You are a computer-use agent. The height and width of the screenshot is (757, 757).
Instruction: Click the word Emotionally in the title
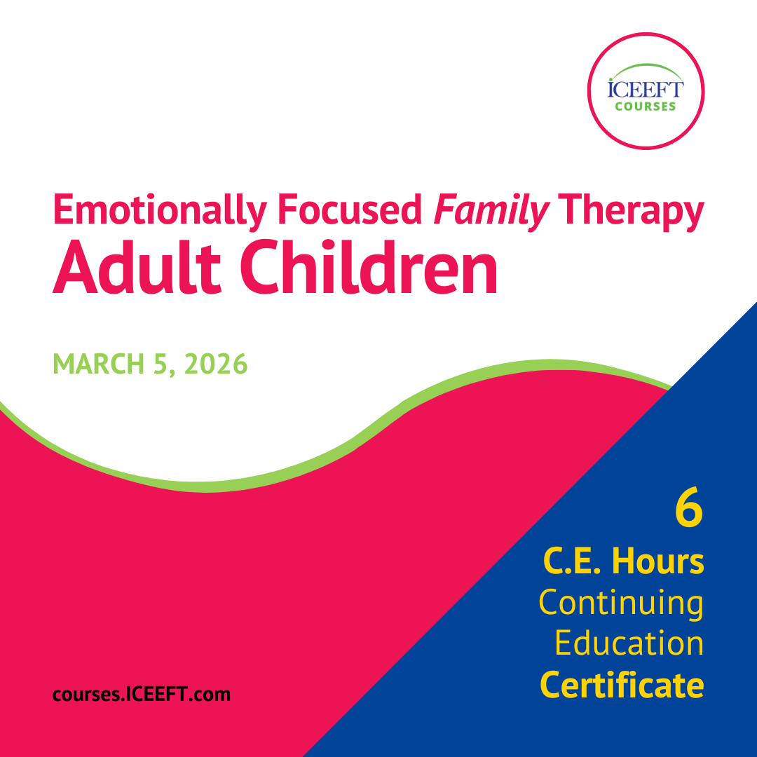(x=160, y=210)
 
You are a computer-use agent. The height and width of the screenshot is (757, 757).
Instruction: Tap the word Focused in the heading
(x=350, y=210)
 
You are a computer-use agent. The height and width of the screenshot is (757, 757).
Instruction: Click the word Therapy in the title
(x=631, y=211)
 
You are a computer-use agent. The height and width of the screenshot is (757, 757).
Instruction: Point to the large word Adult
(x=137, y=267)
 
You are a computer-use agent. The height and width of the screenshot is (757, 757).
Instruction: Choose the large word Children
(x=369, y=267)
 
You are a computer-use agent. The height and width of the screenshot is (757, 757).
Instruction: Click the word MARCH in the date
(x=99, y=364)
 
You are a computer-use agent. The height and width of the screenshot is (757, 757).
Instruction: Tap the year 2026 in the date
(x=216, y=364)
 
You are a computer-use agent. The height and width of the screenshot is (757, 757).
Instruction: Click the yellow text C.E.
(x=572, y=561)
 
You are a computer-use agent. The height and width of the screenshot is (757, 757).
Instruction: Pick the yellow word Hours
(x=658, y=561)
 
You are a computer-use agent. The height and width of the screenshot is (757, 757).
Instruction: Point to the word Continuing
(x=621, y=603)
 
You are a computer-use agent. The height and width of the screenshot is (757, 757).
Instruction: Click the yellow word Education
(x=629, y=643)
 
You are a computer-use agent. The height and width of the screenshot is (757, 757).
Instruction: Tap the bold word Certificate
(x=622, y=685)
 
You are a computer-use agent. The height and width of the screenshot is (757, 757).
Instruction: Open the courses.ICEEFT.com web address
(x=142, y=694)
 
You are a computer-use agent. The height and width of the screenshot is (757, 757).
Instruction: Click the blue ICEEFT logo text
(x=646, y=89)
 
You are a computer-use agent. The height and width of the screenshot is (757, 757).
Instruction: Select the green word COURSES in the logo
(x=646, y=107)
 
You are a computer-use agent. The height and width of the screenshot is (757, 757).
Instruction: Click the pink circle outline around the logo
(x=646, y=34)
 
